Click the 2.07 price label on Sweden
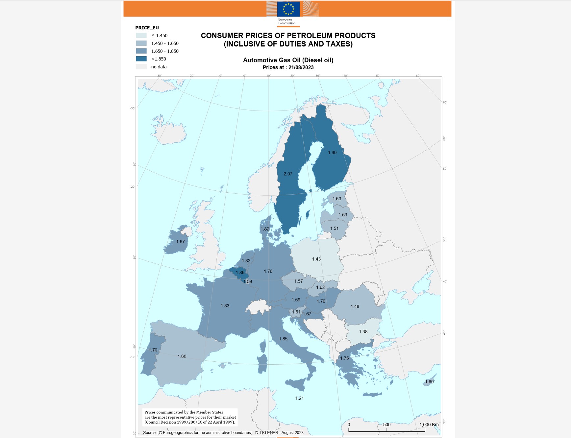click(x=288, y=174)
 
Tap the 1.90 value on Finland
click(x=332, y=153)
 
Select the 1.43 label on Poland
click(x=316, y=259)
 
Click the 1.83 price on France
click(x=225, y=306)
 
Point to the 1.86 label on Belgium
click(x=240, y=273)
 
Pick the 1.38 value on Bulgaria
click(x=363, y=332)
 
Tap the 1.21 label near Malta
click(x=299, y=398)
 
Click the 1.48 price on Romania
click(x=355, y=306)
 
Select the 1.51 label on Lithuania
click(x=335, y=229)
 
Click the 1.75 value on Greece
click(x=344, y=358)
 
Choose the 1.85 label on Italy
click(x=283, y=339)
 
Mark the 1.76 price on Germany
click(x=268, y=271)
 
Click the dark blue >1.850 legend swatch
click(x=141, y=59)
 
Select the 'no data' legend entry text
click(x=159, y=67)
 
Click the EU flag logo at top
click(x=288, y=9)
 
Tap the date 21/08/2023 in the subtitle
click(x=301, y=67)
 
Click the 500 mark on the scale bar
click(x=387, y=425)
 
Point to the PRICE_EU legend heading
click(x=147, y=28)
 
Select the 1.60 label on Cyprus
click(x=429, y=382)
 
